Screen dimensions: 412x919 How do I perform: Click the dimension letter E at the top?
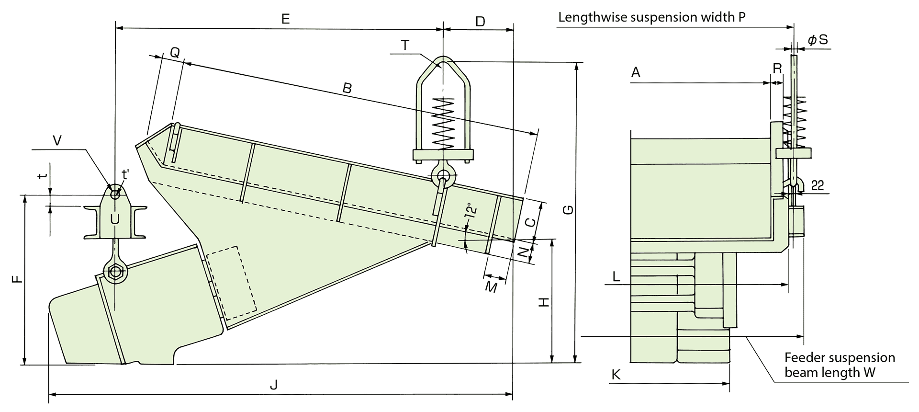[x=285, y=19]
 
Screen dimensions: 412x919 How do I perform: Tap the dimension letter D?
[x=480, y=21]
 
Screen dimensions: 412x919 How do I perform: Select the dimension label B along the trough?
[x=347, y=88]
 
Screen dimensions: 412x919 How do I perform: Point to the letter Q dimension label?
[x=175, y=53]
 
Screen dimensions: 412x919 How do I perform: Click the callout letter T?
[x=405, y=45]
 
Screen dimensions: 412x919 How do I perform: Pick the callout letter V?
[x=57, y=140]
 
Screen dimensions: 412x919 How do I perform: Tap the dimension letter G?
[x=568, y=210]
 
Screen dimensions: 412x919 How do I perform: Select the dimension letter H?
[x=544, y=302]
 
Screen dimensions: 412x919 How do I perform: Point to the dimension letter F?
[x=17, y=279]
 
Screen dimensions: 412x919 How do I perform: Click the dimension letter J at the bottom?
[x=274, y=385]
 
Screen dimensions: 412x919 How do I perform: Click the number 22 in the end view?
[x=818, y=185]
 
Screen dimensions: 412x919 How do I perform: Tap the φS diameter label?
[x=818, y=40]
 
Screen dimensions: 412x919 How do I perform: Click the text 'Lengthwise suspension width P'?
[x=652, y=17]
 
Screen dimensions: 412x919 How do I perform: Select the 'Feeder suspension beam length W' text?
[x=840, y=365]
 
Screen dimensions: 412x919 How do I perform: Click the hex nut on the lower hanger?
[x=115, y=271]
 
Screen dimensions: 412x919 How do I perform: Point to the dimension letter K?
[x=616, y=375]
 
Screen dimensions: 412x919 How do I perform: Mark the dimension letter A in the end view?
[x=636, y=72]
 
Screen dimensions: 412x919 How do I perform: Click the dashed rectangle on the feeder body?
[x=232, y=283]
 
